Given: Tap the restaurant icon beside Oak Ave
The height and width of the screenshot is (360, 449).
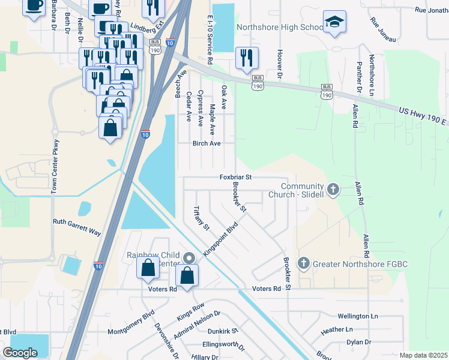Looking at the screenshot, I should (247, 58).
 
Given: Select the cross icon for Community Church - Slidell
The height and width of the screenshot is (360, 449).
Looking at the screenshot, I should (334, 190).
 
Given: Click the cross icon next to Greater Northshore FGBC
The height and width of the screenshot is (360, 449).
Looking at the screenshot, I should (304, 263).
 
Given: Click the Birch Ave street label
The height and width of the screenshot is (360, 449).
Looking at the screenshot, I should (206, 143).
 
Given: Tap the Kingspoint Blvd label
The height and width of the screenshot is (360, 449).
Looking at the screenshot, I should (221, 239).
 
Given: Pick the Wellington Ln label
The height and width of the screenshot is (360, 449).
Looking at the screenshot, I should (358, 316).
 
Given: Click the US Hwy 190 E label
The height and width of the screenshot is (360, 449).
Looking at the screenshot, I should (423, 116).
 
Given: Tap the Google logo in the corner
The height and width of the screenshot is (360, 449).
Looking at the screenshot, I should (20, 352).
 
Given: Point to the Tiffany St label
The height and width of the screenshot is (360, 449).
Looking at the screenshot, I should (200, 218).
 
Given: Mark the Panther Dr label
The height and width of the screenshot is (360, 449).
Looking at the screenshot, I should (359, 77).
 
